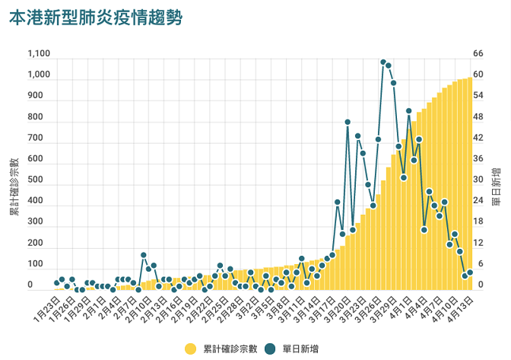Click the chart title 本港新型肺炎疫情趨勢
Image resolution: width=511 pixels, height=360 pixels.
[x=96, y=18]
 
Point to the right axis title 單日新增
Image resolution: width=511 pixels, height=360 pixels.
[x=496, y=186]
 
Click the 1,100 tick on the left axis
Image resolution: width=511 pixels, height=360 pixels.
[x=39, y=54]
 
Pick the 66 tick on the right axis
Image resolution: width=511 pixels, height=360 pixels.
[x=478, y=54]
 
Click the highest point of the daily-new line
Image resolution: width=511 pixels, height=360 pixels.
[x=383, y=62]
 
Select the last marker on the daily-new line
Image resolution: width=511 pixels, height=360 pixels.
[x=470, y=272]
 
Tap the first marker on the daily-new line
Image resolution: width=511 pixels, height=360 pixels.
[x=56, y=283]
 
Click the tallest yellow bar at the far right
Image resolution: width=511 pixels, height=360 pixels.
[x=470, y=183]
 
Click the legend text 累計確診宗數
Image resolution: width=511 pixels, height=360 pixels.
[x=227, y=349]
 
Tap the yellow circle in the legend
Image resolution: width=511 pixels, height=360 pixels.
[x=190, y=349]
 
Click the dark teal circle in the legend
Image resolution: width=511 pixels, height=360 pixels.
[x=272, y=349]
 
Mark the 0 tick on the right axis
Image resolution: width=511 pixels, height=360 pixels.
[x=478, y=285]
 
